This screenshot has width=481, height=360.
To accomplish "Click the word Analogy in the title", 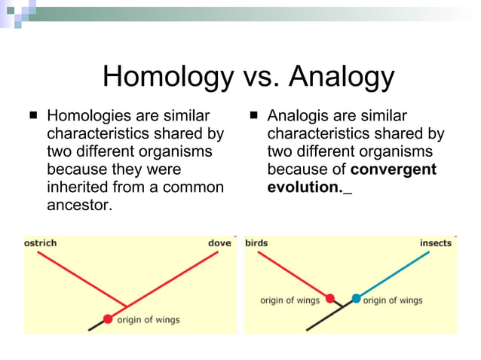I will coord(340,77).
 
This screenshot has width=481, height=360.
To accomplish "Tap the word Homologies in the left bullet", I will coord(90,117).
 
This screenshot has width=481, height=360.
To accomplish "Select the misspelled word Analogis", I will coord(298,117).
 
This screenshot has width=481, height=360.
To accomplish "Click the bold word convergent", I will coord(393,169).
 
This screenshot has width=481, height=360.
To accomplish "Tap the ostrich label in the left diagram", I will coord(41,243).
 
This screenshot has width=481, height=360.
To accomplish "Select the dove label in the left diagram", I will coord(219,243).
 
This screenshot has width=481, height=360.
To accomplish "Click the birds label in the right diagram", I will coord(256,243).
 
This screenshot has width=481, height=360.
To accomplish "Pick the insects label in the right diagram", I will coord(435,243).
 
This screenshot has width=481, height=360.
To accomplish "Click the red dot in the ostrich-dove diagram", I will coord(108,319).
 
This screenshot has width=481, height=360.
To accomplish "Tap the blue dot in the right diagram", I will coord(356,298).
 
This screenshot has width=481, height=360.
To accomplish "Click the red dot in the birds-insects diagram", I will coord(330,298).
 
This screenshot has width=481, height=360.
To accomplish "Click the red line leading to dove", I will coord(173,279).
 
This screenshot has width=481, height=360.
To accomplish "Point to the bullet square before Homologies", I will coord(33,117).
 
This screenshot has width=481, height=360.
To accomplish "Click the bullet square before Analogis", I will coord(253,117).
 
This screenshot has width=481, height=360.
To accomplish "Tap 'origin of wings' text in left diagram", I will coord(148,319).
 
